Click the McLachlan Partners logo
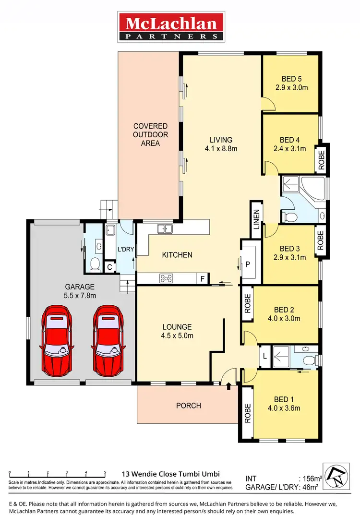171,27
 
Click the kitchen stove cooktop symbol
167,278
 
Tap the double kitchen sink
165,229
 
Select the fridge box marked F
203,278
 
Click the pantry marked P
248,264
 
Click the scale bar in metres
57,474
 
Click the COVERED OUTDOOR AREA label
150,135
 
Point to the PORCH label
189,406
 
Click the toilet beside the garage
95,263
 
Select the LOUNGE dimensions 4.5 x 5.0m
177,335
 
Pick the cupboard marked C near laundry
109,267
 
